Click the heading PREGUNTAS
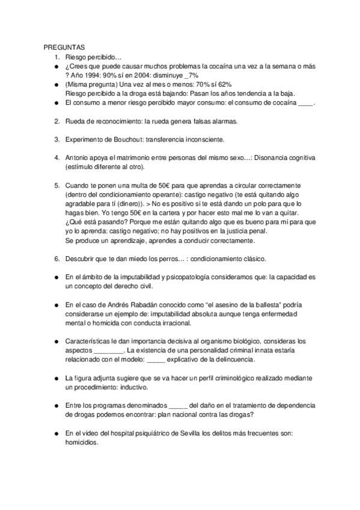tap(64, 47)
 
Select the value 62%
tap(224, 84)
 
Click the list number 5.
tap(56, 186)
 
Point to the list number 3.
tap(56, 140)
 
